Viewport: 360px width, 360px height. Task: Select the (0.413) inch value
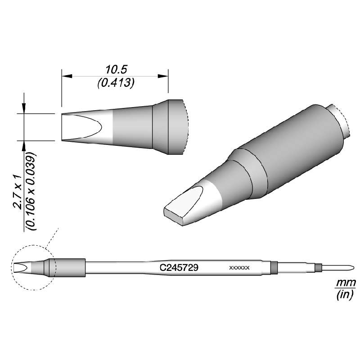tap(117, 83)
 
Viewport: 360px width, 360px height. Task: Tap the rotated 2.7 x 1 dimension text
tap(18, 191)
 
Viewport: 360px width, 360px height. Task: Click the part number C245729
tap(180, 267)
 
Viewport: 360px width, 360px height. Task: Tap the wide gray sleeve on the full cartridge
tap(70, 267)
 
